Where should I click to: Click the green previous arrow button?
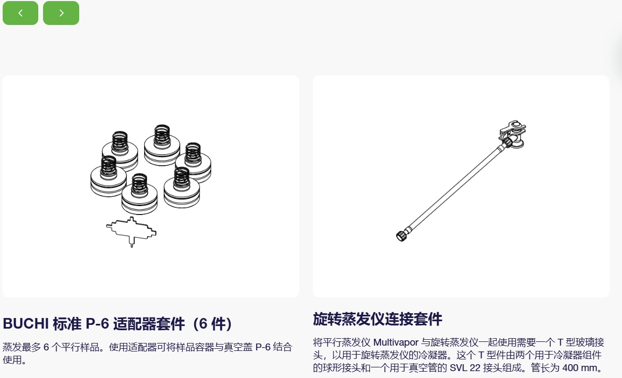tap(20, 13)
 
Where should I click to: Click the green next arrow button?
tap(61, 13)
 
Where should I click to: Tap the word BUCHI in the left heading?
tap(26, 324)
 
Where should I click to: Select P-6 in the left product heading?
tap(97, 324)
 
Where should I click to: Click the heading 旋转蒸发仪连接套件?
tap(377, 319)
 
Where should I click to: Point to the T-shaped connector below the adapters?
tap(131, 231)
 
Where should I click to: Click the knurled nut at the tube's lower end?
tap(402, 235)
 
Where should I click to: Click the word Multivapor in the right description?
tap(396, 342)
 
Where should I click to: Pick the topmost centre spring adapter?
tap(162, 145)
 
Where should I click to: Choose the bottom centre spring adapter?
tap(139, 194)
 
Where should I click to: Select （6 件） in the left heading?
tap(212, 324)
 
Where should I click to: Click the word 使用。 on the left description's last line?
tap(15, 360)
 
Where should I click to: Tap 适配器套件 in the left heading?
tap(149, 324)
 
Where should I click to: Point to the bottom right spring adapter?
tap(182, 188)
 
